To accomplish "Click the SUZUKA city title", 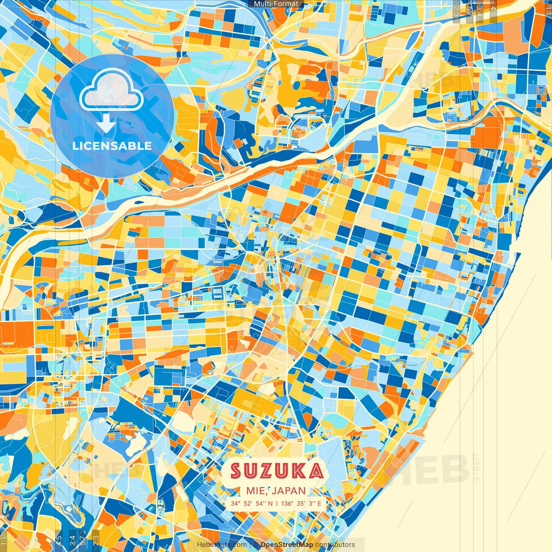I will click(x=276, y=471).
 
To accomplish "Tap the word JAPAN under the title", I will click(x=289, y=491).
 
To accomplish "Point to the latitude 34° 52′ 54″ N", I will click(x=251, y=503).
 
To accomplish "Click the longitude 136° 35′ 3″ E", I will click(x=301, y=503).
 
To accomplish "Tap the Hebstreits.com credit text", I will click(x=222, y=545).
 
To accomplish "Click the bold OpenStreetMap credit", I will click(x=287, y=545).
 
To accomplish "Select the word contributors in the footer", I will click(x=335, y=545).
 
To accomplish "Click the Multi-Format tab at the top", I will click(x=276, y=4).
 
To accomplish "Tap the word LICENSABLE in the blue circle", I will click(x=112, y=146).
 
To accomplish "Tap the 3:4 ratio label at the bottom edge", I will click(x=72, y=540).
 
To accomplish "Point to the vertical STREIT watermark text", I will click(x=476, y=467).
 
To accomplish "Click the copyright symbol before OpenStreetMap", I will click(x=256, y=545).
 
